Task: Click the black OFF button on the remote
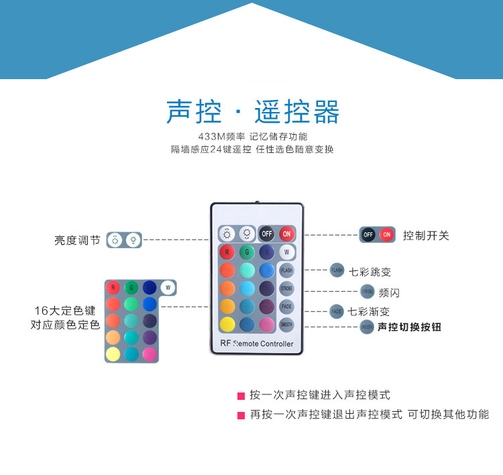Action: tap(267, 233)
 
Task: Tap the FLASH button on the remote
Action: tap(286, 270)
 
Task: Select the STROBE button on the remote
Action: tap(286, 288)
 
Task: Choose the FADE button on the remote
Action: tap(286, 307)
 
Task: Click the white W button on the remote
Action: tap(286, 252)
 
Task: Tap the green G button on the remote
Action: tap(247, 252)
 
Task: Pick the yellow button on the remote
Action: tap(228, 325)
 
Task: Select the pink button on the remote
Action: tap(267, 325)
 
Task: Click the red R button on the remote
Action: tap(228, 252)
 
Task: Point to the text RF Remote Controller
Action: tap(257, 344)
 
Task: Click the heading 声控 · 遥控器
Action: tap(252, 112)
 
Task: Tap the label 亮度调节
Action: tap(77, 240)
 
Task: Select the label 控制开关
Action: tap(426, 235)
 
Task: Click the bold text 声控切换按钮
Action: tap(409, 327)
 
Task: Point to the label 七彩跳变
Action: tap(370, 272)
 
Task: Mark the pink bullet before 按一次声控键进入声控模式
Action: tap(241, 396)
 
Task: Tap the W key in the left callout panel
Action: tap(167, 288)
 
